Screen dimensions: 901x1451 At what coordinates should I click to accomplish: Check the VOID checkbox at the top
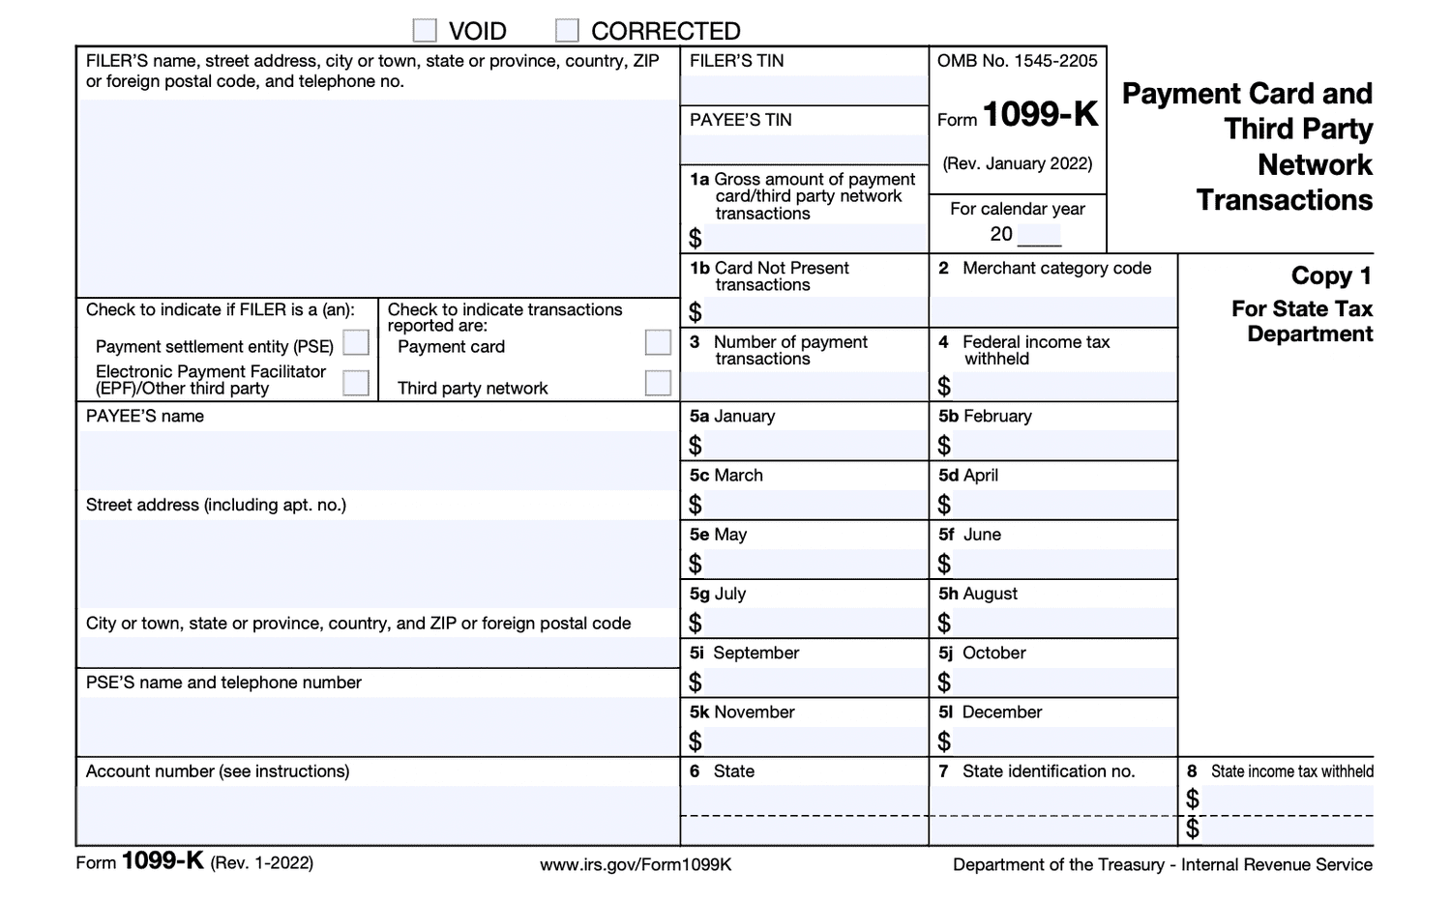(x=425, y=31)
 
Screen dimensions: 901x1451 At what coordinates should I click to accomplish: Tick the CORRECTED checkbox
(x=567, y=31)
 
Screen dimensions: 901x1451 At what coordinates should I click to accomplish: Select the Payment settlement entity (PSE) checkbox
(x=356, y=343)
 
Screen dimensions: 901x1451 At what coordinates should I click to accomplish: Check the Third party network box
(x=658, y=384)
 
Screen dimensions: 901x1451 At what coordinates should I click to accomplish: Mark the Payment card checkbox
(x=658, y=343)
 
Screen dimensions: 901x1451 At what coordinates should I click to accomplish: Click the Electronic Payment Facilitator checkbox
(x=356, y=384)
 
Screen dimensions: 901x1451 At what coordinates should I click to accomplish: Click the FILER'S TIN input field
(x=804, y=90)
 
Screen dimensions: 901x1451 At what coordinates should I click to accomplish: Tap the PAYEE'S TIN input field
(x=804, y=149)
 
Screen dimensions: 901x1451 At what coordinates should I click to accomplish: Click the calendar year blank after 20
(x=1039, y=234)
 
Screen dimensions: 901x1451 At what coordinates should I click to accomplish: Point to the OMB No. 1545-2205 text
(x=1017, y=61)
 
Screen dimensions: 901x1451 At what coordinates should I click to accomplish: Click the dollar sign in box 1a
(x=696, y=238)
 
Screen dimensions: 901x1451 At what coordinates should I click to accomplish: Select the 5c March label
(x=726, y=476)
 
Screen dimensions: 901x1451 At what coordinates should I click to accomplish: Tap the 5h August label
(x=978, y=594)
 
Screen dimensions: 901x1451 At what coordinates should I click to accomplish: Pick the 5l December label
(x=991, y=712)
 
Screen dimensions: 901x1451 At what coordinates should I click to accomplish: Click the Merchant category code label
(x=1056, y=268)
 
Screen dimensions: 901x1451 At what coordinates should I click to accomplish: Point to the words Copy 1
(x=1331, y=276)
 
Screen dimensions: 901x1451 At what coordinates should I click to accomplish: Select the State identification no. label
(x=1049, y=771)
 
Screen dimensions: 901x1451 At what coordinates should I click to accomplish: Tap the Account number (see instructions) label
(x=218, y=771)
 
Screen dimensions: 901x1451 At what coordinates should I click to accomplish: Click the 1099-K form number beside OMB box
(x=1041, y=115)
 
